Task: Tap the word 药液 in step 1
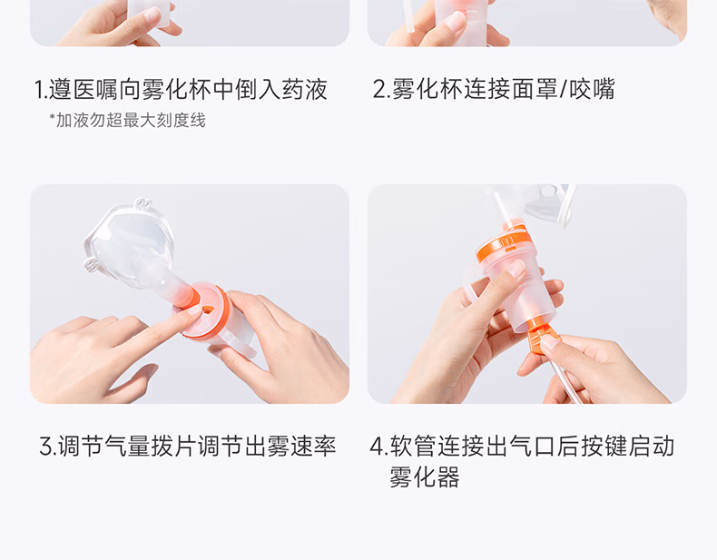pos(305,90)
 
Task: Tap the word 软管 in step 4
pos(413,447)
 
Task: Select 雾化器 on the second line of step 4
pos(425,477)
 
